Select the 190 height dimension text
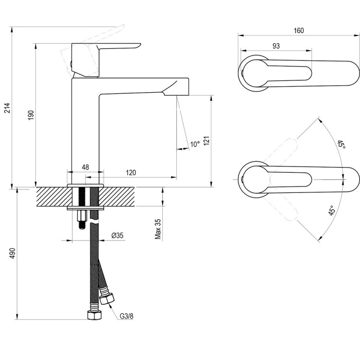31,115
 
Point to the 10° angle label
194,144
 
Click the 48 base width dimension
85,167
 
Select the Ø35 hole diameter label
118,235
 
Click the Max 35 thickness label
158,229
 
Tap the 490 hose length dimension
12,253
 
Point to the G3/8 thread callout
126,316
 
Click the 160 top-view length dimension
299,31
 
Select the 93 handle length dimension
276,46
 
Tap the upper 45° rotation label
340,144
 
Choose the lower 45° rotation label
331,210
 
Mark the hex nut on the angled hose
107,298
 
